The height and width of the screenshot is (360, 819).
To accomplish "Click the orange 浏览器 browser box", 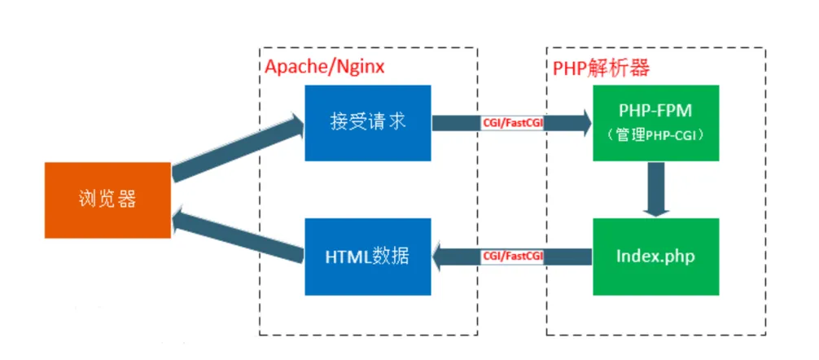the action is (107, 200).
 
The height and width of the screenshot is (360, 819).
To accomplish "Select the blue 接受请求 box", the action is (368, 123).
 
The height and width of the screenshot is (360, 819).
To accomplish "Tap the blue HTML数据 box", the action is (368, 257).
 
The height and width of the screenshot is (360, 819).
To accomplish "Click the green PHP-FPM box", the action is (656, 123).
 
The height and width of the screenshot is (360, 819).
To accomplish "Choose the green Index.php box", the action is (656, 257).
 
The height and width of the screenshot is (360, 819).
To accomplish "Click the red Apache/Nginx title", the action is (324, 67).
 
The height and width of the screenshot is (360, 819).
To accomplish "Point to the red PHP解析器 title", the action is (601, 67).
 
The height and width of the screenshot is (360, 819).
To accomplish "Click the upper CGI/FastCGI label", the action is (512, 123).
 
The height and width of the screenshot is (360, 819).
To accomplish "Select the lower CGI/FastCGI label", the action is (512, 257).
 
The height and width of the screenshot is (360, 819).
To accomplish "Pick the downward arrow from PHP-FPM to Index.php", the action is (656, 189).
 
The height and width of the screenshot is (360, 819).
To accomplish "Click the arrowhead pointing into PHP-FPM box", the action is (584, 123).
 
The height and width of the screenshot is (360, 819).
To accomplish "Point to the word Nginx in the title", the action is (361, 67).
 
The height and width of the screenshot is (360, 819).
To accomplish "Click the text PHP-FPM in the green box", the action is (656, 112).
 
